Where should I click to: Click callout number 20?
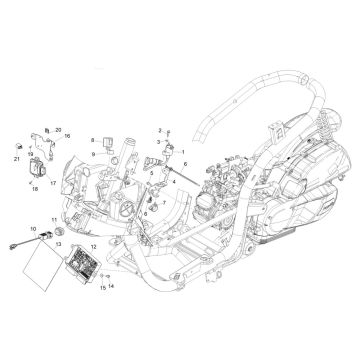coord(87,131)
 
